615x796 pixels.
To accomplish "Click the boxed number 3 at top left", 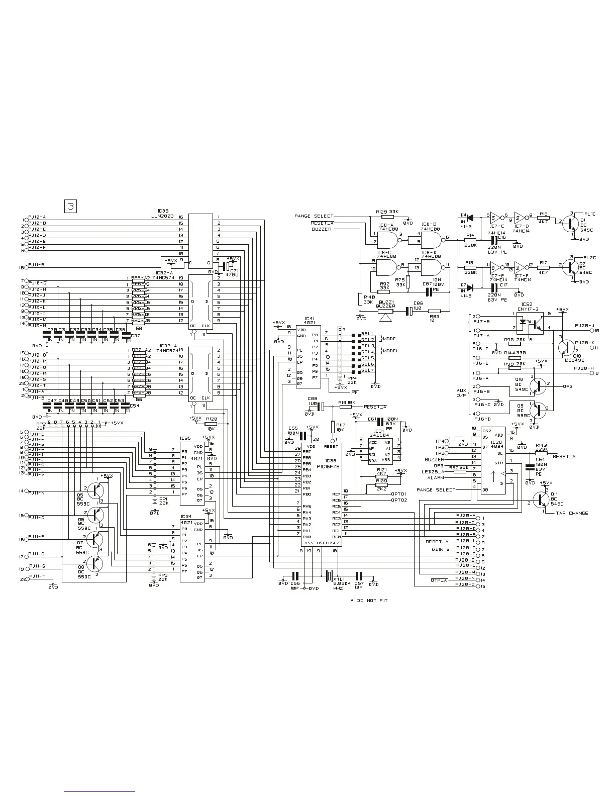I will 71,206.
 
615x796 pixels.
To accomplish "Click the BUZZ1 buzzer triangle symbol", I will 385,318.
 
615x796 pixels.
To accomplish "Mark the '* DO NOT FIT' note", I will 369,601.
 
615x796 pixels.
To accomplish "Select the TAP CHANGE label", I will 572,513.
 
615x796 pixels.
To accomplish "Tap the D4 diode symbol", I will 470,218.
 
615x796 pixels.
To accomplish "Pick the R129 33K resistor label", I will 387,212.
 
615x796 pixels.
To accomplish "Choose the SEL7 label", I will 368,370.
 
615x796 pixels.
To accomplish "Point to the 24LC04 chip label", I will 377,435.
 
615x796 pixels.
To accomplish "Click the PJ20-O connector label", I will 465,584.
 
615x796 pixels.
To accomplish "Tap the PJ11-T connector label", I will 37,576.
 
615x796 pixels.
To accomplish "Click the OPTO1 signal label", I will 398,494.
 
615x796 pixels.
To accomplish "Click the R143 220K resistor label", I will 541,445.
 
